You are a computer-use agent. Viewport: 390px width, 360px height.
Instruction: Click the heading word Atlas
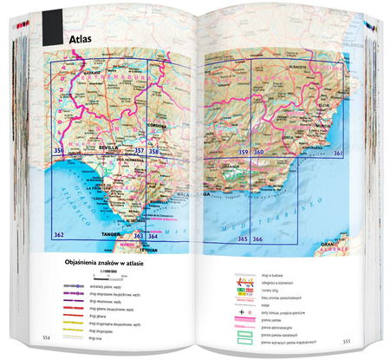point(84,39)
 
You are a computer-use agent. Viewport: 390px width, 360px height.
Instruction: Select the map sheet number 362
point(59,235)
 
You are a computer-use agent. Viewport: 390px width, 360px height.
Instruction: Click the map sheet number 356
point(59,152)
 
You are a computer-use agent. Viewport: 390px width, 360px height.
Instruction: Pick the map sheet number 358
point(153,152)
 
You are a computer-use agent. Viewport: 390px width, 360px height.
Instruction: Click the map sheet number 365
point(244,239)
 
